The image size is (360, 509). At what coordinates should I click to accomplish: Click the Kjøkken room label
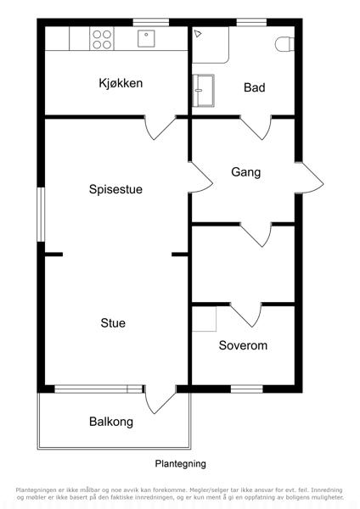121,83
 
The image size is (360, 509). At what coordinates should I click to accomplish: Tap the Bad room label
255,87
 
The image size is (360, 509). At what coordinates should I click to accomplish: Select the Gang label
246,172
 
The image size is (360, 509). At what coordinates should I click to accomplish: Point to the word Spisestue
115,189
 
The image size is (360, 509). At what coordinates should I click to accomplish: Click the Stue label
113,323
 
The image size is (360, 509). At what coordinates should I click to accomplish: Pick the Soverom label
243,345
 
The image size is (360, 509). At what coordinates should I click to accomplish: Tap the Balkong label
111,422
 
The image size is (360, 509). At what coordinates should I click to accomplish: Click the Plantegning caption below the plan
180,464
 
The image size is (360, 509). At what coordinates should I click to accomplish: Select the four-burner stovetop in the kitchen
102,39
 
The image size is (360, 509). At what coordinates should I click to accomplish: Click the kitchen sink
146,39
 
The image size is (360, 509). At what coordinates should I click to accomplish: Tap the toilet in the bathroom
284,44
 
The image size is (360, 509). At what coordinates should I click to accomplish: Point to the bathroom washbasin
204,91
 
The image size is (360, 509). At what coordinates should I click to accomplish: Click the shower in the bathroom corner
211,45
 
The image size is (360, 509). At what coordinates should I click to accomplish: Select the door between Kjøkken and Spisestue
160,127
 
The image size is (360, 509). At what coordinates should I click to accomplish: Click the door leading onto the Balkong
160,400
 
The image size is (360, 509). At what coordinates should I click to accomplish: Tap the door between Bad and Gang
256,127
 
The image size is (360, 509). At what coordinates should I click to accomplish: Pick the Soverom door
246,315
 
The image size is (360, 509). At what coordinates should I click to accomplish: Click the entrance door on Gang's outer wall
310,178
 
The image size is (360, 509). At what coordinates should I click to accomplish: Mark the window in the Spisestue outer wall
41,215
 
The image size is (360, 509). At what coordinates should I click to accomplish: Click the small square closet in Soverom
205,319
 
